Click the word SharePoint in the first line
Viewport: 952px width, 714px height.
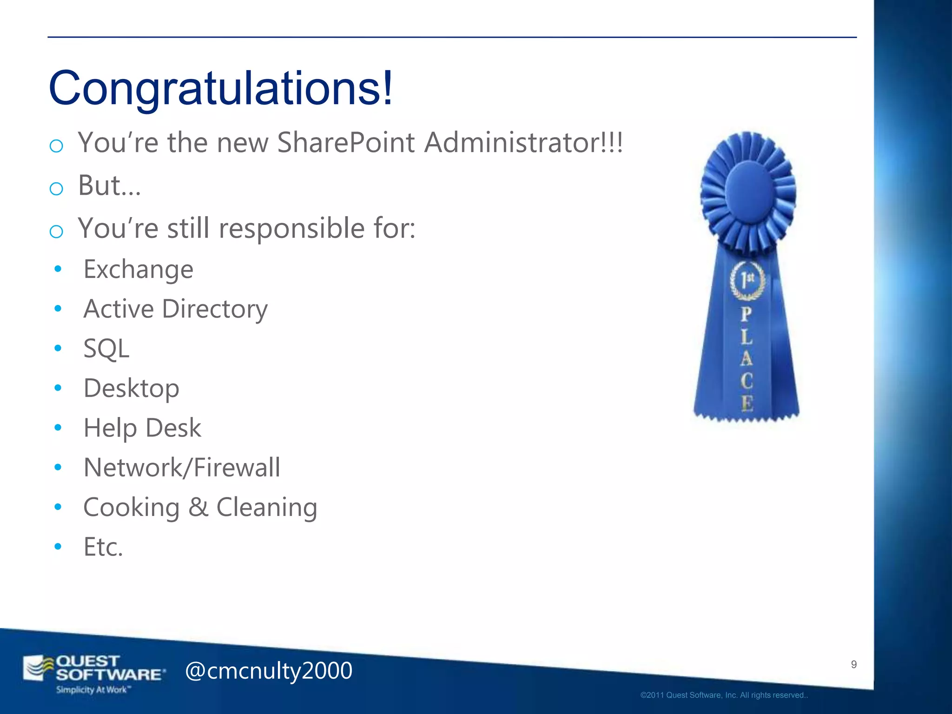346,142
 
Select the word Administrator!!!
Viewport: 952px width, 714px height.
523,142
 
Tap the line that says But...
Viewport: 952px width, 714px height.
109,185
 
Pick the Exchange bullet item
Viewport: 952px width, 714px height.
138,270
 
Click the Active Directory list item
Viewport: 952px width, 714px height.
175,309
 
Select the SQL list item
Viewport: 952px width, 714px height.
106,349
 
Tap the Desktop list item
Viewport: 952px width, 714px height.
131,388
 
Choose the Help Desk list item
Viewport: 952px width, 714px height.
142,428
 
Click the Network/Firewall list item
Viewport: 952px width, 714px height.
181,468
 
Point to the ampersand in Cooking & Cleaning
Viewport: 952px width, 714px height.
198,507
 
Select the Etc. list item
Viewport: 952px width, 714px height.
103,547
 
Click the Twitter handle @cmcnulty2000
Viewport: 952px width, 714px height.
269,670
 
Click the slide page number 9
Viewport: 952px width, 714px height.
853,664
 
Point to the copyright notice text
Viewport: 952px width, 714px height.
724,695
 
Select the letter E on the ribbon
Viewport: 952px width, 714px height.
747,403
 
